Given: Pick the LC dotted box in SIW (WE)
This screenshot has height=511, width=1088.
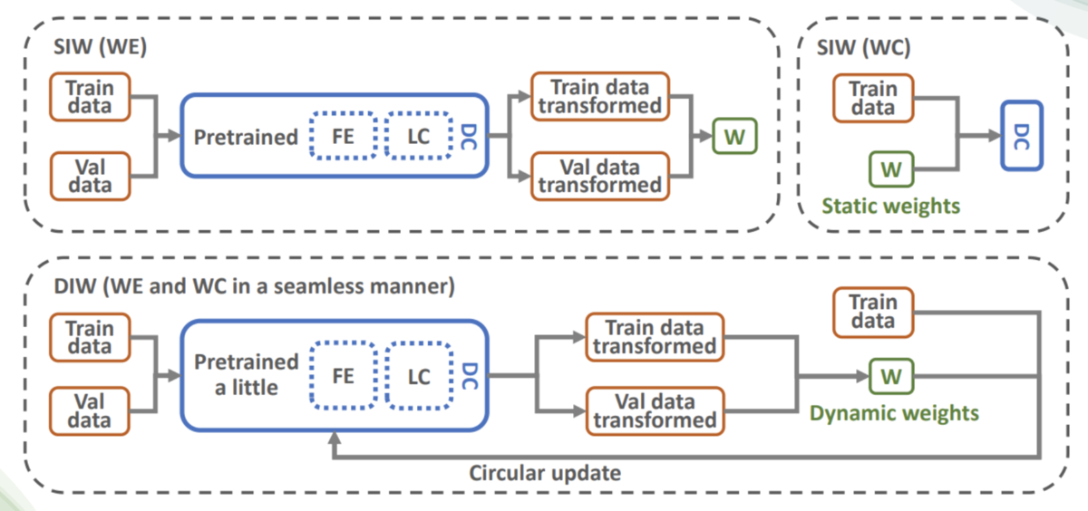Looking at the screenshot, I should coord(418,138).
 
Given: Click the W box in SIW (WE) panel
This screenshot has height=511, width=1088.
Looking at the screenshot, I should coord(734,138).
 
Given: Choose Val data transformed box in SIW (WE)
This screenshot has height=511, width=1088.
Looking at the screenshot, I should coord(598,176).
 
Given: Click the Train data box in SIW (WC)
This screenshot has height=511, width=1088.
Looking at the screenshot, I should coord(872,99).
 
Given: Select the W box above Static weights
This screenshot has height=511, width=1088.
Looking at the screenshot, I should coord(891,169).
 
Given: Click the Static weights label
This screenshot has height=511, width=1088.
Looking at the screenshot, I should coord(890,207).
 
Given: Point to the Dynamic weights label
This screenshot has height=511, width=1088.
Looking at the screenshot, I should coord(894,413).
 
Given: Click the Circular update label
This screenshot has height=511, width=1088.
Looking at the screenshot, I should coord(545,473).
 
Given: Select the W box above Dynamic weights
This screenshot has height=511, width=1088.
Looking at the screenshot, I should coord(891,376).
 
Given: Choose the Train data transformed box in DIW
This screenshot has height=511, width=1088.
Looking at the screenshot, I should coord(655,337).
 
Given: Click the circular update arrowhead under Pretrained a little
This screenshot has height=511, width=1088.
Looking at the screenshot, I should coord(335,439).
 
